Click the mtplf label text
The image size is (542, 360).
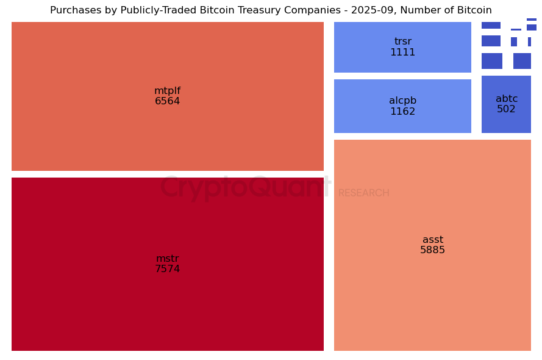(x=167, y=91)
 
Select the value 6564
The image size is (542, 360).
(x=167, y=102)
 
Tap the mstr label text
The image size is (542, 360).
(x=167, y=259)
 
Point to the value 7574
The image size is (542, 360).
(x=167, y=269)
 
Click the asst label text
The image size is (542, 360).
(x=433, y=240)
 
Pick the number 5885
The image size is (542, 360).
(x=433, y=250)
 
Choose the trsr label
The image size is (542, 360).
(x=402, y=41)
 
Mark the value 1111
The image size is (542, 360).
(x=402, y=52)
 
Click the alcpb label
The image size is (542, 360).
(x=402, y=101)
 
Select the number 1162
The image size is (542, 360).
(x=402, y=112)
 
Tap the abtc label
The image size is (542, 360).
(x=506, y=99)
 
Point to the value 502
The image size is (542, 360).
(x=506, y=109)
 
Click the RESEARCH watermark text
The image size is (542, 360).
(x=363, y=193)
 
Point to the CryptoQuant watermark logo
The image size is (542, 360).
(x=245, y=187)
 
